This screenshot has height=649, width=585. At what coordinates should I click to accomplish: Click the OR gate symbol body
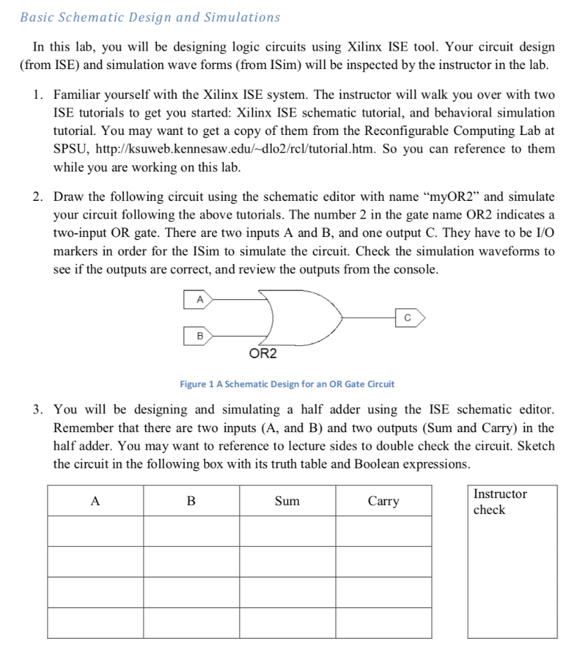298,316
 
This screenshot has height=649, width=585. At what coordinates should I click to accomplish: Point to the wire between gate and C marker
368,315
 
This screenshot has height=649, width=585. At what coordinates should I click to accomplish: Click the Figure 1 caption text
286,384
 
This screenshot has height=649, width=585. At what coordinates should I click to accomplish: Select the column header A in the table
95,501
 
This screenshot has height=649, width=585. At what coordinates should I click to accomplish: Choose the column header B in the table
191,501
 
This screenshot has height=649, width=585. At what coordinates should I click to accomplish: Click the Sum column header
287,501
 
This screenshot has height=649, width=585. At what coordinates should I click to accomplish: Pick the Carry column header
383,501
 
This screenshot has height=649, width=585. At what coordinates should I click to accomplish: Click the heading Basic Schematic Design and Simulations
150,17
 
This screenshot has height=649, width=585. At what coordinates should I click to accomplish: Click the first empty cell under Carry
383,530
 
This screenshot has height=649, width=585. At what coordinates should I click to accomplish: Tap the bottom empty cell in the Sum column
287,623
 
